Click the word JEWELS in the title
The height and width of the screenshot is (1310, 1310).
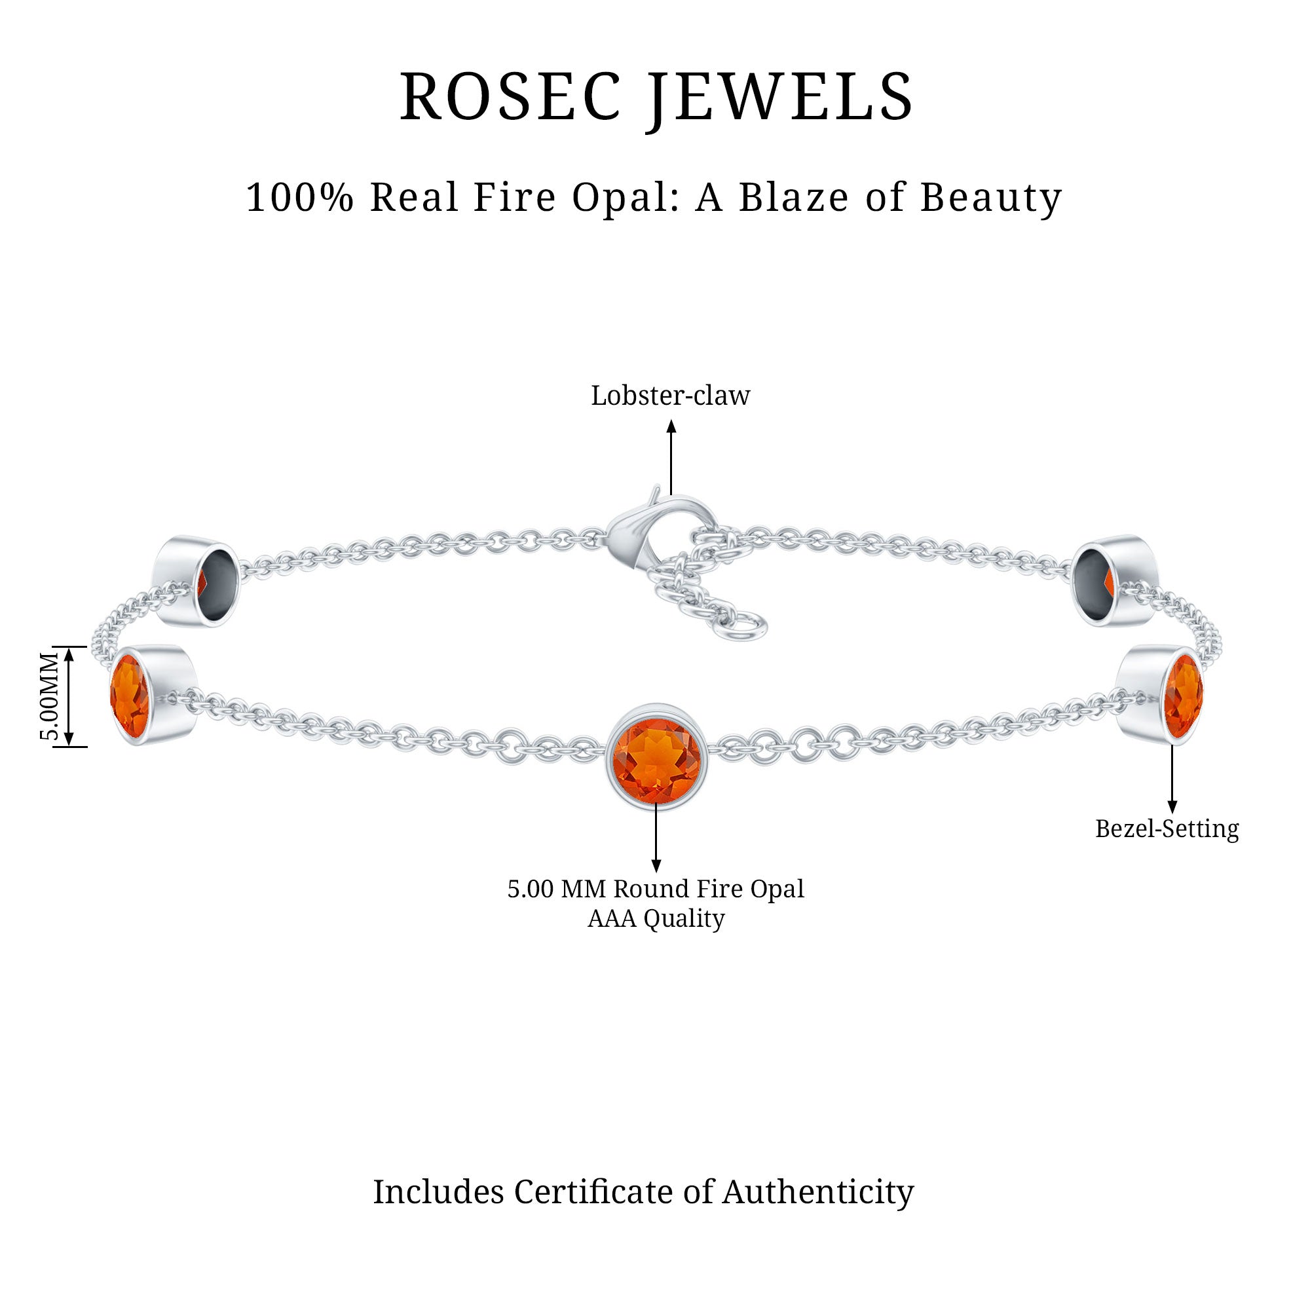(x=779, y=97)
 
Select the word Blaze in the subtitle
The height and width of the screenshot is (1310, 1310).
(x=793, y=198)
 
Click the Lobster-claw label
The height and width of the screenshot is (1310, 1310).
(x=670, y=396)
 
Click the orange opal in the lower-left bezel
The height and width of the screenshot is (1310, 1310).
(x=130, y=696)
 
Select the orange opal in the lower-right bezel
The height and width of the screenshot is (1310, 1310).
(x=1182, y=695)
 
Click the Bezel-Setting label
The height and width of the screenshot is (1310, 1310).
(x=1167, y=829)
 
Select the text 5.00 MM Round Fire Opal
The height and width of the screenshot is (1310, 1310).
(x=655, y=889)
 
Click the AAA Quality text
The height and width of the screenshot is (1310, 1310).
(x=655, y=919)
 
